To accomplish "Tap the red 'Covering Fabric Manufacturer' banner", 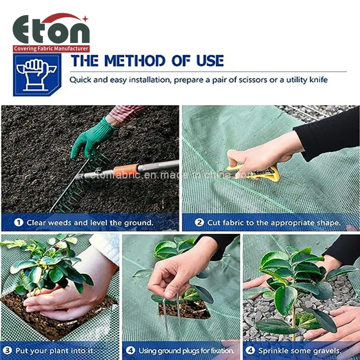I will pos(51,49).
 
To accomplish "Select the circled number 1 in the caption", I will pos(19,223).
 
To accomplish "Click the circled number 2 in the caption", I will pos(199,223).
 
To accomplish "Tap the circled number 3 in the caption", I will pos(8,350).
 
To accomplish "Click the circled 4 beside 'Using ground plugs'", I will pos(130,350).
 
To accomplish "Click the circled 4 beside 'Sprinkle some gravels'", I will pos(250,350).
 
